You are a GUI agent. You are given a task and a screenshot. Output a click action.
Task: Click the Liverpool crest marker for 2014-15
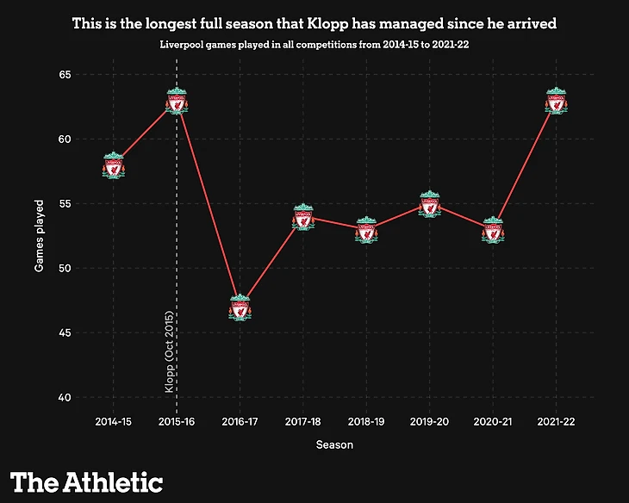coord(113,165)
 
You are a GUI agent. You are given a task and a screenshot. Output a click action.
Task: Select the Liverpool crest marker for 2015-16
coord(177,101)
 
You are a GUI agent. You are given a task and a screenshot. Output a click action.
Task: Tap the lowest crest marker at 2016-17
coord(240,307)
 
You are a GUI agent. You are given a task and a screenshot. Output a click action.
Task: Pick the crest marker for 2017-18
coord(303,217)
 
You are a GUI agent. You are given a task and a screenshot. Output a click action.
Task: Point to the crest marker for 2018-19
coord(366,230)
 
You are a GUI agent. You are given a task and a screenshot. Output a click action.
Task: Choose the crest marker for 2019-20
coord(430,204)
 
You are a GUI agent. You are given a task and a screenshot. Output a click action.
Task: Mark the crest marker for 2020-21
coord(493,230)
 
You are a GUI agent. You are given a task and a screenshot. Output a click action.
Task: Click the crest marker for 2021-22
coord(557,101)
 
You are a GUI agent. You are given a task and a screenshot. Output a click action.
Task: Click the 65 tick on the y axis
coord(64,75)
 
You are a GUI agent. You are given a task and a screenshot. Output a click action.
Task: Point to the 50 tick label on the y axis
coord(64,269)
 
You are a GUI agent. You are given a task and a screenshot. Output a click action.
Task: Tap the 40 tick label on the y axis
coord(64,398)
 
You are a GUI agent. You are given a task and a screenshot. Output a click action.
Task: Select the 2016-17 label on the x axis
coord(240,423)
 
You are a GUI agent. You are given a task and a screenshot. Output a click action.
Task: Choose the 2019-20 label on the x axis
coord(430,423)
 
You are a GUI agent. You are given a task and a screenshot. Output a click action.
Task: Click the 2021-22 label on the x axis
coord(557,423)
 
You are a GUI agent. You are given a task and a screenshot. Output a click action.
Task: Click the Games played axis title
coord(40,236)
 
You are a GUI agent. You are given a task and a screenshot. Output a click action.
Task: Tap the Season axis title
coord(334,444)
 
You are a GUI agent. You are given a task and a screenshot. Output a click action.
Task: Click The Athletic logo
coord(86,481)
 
